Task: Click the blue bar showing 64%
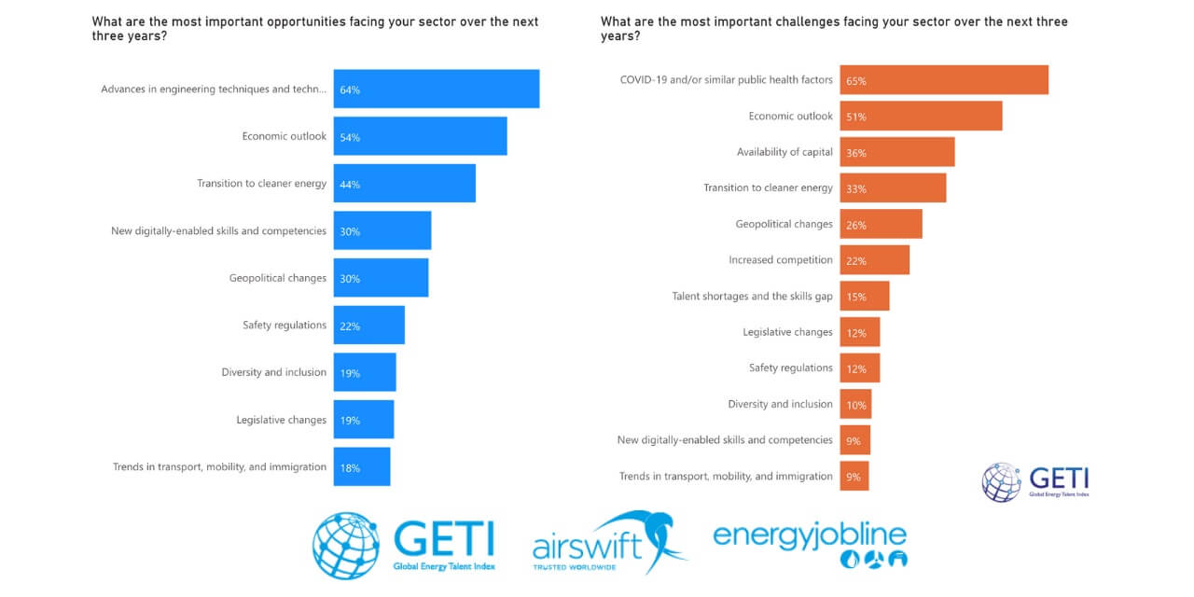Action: pos(437,90)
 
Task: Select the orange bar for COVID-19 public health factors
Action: pos(944,80)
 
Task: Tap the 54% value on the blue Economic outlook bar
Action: pos(350,137)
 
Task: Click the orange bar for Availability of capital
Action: pos(897,152)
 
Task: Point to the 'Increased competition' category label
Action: pos(780,259)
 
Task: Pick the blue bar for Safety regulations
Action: pos(369,326)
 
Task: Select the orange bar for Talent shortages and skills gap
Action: pos(865,297)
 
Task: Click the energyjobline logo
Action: pos(810,543)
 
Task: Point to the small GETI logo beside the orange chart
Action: pos(1035,482)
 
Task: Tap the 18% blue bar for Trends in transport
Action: pos(363,467)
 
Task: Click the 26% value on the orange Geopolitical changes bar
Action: pos(855,225)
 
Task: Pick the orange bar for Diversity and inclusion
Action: pos(855,405)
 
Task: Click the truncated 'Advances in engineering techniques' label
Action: pos(214,90)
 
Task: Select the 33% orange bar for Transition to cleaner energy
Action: pos(893,188)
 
